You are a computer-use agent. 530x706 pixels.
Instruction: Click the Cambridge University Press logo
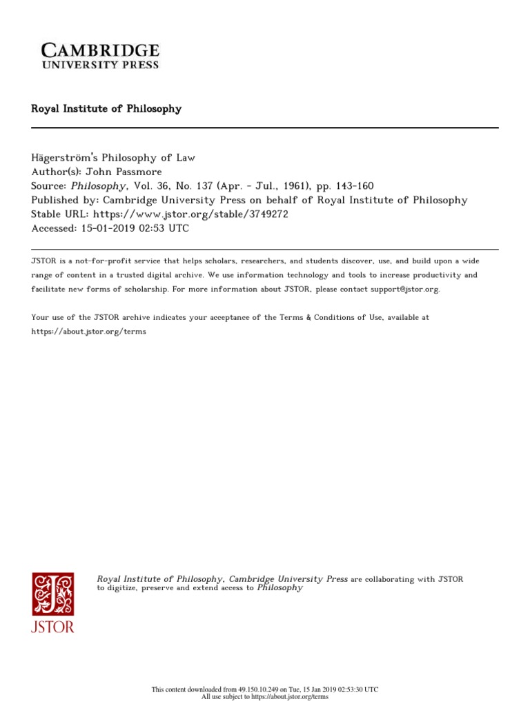point(101,55)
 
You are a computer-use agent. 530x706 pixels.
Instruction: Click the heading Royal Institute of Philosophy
point(106,109)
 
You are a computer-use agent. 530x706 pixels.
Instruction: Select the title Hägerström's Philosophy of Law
point(114,157)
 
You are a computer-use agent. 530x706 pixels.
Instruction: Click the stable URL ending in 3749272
point(190,214)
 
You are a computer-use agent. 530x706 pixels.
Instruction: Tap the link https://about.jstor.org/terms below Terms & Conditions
point(89,331)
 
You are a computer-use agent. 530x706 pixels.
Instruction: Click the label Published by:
point(64,200)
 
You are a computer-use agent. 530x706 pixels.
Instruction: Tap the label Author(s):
point(55,172)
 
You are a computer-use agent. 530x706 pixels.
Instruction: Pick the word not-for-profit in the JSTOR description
point(98,261)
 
